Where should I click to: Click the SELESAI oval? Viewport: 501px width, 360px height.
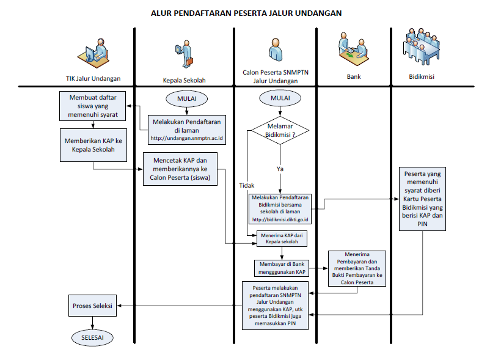coord(93,337)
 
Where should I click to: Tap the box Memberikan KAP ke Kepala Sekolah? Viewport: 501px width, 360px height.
coord(93,144)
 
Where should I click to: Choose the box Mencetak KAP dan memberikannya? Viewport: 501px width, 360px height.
coord(183,169)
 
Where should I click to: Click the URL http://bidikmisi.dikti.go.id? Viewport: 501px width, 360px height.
coord(280,219)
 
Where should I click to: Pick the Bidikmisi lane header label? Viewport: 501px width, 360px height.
coord(422,78)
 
